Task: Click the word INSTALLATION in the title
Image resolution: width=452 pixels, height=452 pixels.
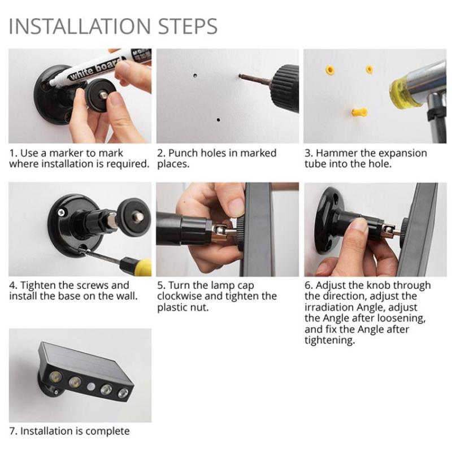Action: tap(79, 27)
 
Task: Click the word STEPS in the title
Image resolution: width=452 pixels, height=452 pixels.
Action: tap(186, 27)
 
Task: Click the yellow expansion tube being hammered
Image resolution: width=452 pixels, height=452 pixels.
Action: tap(359, 111)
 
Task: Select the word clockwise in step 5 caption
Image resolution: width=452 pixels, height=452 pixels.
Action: tap(181, 297)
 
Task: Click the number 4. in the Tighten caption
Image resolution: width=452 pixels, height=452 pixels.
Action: tap(13, 285)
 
